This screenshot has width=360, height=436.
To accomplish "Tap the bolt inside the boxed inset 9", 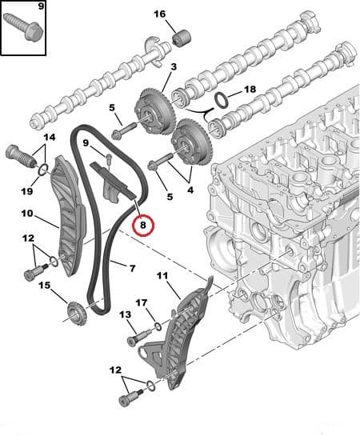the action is [x=23, y=26].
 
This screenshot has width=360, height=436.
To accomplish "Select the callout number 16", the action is [x=159, y=14].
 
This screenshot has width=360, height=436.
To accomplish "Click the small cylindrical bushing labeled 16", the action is [x=182, y=39].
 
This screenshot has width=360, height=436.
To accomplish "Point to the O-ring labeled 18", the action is [x=222, y=101].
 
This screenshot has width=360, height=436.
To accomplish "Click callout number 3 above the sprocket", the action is [x=174, y=66].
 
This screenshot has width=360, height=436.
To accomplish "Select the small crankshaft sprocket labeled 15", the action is [x=77, y=314].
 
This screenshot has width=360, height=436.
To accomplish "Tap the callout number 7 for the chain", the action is [x=132, y=268].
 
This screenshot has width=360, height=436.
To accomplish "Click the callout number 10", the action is [x=27, y=214].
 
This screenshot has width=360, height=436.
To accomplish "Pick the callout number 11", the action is [x=162, y=275].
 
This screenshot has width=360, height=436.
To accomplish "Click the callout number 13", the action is [x=126, y=314].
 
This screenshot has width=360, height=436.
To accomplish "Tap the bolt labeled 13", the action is [x=138, y=337].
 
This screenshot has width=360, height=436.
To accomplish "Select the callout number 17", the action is [x=142, y=302].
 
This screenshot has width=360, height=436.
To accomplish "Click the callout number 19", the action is [x=27, y=191].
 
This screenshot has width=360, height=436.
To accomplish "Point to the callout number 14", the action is [x=50, y=137].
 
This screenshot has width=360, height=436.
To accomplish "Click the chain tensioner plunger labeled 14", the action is [x=21, y=156].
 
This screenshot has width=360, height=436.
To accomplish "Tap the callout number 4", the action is [x=190, y=190].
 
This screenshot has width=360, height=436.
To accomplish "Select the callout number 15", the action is [x=45, y=286].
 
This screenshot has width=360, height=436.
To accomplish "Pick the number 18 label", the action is [x=250, y=90].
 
